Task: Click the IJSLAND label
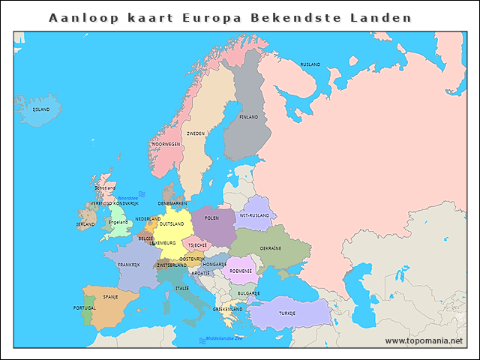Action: [x=40, y=109]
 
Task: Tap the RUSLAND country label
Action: [x=310, y=65]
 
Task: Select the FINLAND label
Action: [x=248, y=117]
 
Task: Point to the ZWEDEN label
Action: [x=196, y=133]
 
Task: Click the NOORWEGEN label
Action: [x=165, y=144]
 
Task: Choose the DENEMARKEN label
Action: [x=172, y=203]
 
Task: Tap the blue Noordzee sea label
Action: [x=127, y=198]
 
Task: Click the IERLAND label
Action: [x=85, y=224]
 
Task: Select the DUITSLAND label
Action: [x=171, y=223]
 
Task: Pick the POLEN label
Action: [x=211, y=218]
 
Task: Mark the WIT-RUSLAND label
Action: [x=254, y=215]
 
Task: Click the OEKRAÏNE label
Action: [x=270, y=248]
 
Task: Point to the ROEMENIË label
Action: [x=241, y=271]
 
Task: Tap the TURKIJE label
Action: [x=287, y=313]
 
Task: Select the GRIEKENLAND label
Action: [x=228, y=309]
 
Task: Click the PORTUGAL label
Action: [x=84, y=308]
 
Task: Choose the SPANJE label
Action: [x=110, y=297]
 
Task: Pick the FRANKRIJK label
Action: [x=128, y=265]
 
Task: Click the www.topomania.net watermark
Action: [x=424, y=340]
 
